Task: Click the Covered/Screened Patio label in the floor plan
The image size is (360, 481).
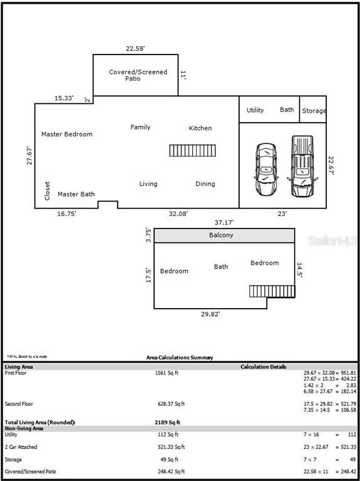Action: click(138, 76)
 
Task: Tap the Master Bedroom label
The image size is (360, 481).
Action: click(66, 134)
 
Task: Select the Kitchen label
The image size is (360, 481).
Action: click(200, 128)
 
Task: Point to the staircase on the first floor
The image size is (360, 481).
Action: click(192, 151)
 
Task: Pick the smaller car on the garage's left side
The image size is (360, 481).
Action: click(265, 170)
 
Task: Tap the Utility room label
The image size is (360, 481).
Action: click(255, 110)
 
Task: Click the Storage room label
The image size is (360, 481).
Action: click(314, 111)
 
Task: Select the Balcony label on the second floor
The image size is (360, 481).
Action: click(221, 235)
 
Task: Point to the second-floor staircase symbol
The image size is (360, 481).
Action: click(272, 291)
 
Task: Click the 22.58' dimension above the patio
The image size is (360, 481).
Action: click(135, 48)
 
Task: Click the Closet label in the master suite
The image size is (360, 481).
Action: click(48, 191)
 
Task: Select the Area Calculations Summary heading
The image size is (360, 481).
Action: click(180, 358)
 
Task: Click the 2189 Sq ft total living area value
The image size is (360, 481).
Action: click(167, 423)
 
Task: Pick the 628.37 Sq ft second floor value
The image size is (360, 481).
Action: click(171, 404)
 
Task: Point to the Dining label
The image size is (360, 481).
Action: click(205, 184)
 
